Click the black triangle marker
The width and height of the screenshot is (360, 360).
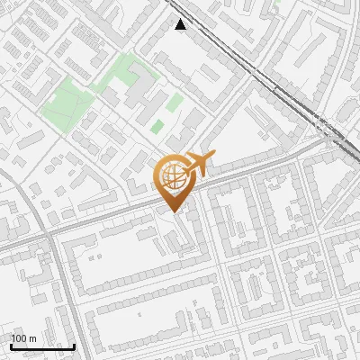point(181,24)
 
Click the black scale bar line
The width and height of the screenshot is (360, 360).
point(42,346)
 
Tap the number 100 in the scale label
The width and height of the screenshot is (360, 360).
point(19,338)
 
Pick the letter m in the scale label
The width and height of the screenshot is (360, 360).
point(32,338)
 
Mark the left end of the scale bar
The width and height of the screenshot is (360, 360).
point(11,346)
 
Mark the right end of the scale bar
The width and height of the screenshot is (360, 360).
point(74,346)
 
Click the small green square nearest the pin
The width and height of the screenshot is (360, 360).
point(157,126)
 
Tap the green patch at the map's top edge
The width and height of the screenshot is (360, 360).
point(275,3)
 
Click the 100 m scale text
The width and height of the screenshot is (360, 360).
point(23,338)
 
